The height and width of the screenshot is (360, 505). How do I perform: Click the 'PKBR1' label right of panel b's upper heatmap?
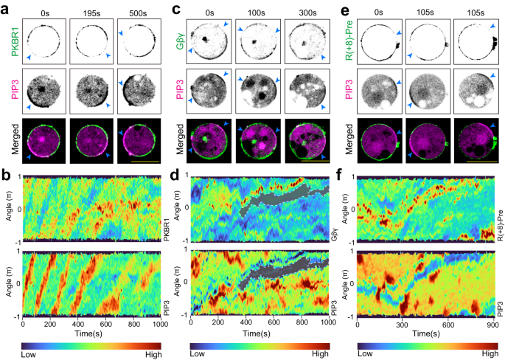pyautogui.click(x=167, y=216)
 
